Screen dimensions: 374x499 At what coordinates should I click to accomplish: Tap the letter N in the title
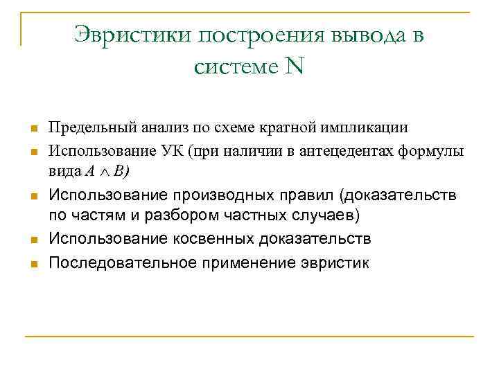pyautogui.click(x=295, y=67)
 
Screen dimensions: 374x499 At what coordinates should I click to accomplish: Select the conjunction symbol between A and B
pyautogui.click(x=110, y=170)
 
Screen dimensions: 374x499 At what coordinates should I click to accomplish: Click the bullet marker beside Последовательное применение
pyautogui.click(x=33, y=264)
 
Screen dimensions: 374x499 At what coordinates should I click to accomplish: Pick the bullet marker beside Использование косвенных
pyautogui.click(x=33, y=240)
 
